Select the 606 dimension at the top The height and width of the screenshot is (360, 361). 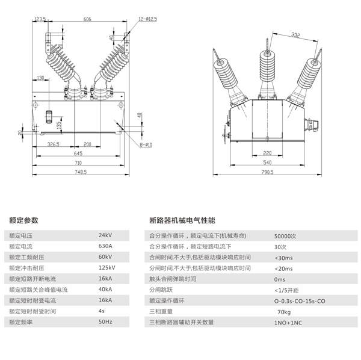pos(87,19)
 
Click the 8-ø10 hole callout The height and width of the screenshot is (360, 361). pos(145,144)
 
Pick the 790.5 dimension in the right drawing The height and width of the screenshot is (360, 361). pos(268,172)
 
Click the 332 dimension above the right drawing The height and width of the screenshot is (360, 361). pos(294,36)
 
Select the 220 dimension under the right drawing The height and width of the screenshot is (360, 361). pos(268,153)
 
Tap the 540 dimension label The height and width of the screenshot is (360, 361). pos(268,163)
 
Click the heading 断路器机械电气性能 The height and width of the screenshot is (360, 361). pos(181,220)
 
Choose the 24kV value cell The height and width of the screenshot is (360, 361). pos(105,235)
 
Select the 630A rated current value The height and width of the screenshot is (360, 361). pos(105,246)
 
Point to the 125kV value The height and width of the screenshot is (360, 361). pos(106,267)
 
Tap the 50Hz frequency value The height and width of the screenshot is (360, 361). pos(105,322)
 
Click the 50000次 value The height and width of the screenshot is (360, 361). pos(286,235)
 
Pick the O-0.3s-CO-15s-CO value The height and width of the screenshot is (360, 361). pos(299,300)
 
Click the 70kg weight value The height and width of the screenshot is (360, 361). pos(284,312)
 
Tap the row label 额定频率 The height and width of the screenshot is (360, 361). pos(22,322)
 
